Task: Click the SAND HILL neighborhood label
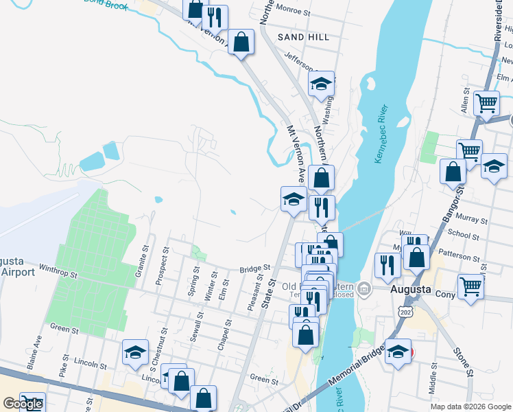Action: click(303, 36)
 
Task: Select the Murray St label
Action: click(473, 221)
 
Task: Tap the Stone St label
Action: click(463, 363)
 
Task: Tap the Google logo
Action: click(23, 404)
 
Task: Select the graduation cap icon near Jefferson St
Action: click(320, 84)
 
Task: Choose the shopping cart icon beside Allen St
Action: click(486, 104)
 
